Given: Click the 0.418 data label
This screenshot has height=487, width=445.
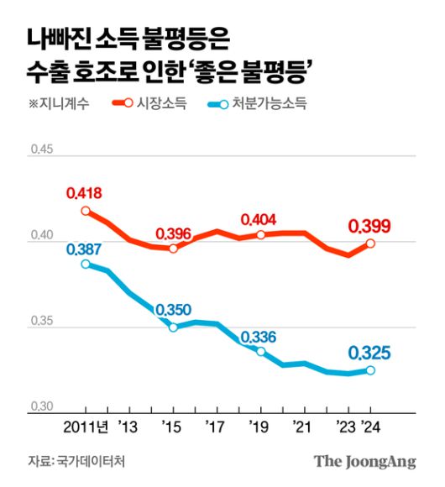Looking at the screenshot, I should point(84,194).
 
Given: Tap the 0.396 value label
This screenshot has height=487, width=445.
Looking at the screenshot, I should point(174,233).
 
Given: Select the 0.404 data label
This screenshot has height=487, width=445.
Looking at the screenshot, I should point(259,220).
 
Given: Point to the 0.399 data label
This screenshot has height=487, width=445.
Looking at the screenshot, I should point(370,226).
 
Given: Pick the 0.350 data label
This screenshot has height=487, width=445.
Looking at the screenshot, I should point(174,310).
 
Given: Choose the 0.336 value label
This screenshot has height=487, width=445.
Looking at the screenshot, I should point(259,337).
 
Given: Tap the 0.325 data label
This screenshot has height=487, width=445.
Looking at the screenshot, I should point(370,352).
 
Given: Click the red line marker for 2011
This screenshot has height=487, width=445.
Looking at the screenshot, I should point(86,211).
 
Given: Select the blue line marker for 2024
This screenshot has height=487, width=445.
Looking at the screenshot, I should point(370,370).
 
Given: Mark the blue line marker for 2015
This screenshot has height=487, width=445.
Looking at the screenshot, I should point(174,327).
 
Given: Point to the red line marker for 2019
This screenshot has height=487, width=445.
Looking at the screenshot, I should point(260,235).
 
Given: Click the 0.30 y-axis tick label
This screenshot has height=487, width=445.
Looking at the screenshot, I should point(41,406).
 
